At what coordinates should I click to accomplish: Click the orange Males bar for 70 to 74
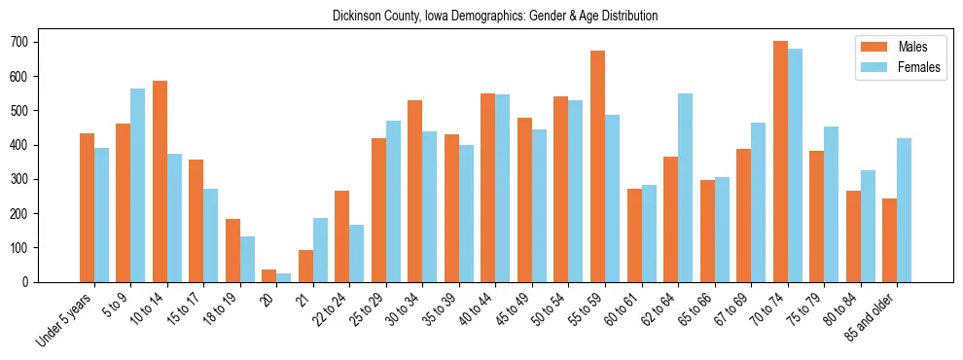pos(780,162)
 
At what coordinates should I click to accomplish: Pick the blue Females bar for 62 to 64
pos(685,188)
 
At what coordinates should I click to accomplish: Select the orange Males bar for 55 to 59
pos(597,166)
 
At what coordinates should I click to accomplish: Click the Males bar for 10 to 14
pos(160,182)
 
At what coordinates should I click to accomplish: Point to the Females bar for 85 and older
pos(904,210)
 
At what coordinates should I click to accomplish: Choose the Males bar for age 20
pos(269,275)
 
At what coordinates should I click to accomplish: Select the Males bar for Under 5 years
pos(87,207)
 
